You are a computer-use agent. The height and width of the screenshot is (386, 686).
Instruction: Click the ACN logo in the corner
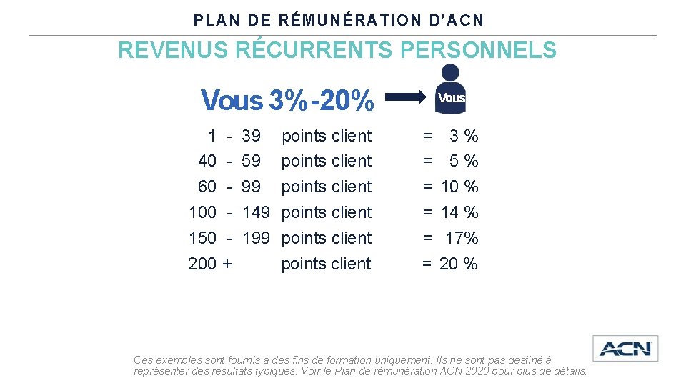tap(625, 349)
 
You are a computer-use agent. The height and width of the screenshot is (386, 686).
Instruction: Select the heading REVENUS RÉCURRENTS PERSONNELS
tap(337, 51)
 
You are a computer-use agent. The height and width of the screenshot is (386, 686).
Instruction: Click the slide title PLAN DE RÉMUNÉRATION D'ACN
tap(339, 20)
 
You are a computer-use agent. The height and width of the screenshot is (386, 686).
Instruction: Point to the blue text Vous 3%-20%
tap(287, 101)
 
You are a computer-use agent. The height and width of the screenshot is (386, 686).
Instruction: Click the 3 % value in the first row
tap(463, 136)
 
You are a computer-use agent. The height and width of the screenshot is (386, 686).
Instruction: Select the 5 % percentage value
tap(463, 162)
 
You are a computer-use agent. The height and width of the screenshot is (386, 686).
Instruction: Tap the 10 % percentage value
tap(459, 187)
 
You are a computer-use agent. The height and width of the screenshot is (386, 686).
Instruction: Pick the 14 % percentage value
tap(459, 213)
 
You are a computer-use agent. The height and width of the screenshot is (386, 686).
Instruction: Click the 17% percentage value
tap(461, 238)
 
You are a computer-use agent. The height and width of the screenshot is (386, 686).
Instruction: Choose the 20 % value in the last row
tap(459, 264)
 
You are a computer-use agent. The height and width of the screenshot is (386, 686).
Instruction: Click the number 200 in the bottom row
tap(202, 264)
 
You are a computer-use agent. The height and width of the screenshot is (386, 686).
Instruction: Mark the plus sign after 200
tap(227, 264)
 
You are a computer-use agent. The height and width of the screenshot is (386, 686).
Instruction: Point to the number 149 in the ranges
tap(256, 213)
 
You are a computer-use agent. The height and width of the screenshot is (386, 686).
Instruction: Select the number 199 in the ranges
tap(256, 238)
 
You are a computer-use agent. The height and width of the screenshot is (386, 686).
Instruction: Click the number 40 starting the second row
tap(207, 162)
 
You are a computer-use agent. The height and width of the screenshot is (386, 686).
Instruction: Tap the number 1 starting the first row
tap(212, 136)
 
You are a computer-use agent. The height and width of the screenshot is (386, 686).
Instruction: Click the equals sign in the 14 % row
tap(427, 213)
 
